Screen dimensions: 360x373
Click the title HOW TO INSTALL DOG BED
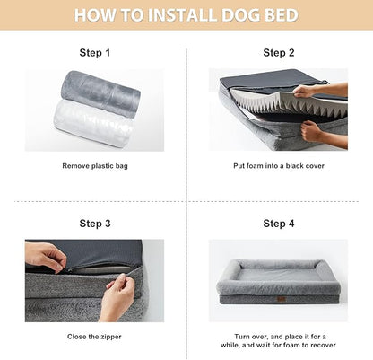pos(186,15)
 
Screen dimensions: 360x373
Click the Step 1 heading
pos(95,53)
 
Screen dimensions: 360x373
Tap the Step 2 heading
pos(279,53)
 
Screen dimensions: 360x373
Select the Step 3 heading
pos(95,224)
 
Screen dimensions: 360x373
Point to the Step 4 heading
pos(279,224)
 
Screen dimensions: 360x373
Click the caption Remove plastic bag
pos(95,166)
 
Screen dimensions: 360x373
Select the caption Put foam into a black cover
pos(279,166)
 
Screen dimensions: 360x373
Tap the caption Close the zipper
pos(95,337)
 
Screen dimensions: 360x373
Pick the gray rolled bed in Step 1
pos(100,90)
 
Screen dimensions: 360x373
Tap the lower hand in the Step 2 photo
pos(316,130)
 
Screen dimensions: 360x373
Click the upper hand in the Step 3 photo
pos(45,257)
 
